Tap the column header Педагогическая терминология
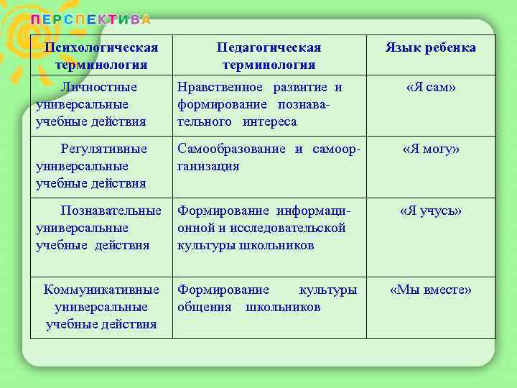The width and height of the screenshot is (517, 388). (x=269, y=56)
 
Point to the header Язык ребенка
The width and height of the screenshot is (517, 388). (x=430, y=48)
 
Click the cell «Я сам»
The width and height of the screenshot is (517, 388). (x=431, y=88)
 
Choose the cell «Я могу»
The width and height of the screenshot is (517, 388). (x=431, y=149)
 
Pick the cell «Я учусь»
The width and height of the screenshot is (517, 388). (x=431, y=211)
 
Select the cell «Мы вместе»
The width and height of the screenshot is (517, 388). (x=431, y=290)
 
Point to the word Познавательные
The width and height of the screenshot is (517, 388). (x=111, y=211)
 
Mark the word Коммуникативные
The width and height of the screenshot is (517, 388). (x=101, y=290)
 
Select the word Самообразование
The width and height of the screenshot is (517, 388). (x=233, y=149)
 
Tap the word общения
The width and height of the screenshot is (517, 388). (x=204, y=308)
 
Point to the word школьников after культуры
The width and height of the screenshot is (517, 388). (x=283, y=308)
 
